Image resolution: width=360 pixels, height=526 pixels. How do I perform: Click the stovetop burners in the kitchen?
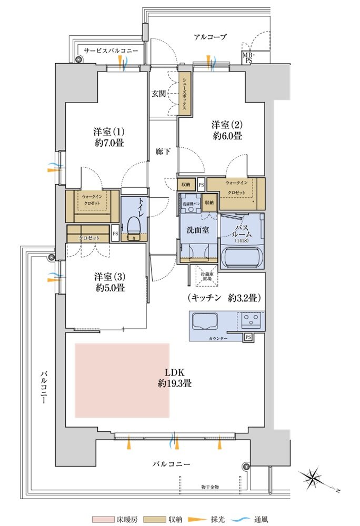coord(252,319)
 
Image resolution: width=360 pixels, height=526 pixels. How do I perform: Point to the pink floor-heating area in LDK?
coord(122,380)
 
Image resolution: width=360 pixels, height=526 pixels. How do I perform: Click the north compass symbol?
coord(315,478)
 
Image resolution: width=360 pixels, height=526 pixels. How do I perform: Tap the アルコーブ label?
coord(210,37)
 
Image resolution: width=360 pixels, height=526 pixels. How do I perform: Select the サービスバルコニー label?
coord(111,50)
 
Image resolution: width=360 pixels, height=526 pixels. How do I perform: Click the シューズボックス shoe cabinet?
coord(185,94)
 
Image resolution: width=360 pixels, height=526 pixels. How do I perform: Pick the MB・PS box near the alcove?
coord(247,58)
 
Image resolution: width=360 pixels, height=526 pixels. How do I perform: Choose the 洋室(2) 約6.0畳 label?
coord(227,130)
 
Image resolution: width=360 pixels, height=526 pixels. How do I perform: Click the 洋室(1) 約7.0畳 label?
coord(109,137)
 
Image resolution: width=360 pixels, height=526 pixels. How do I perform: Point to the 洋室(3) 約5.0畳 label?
coord(109,282)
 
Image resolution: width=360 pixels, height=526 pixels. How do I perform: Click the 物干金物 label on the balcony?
coord(210,487)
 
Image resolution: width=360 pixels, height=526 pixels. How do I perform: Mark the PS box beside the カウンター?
coord(247,337)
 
